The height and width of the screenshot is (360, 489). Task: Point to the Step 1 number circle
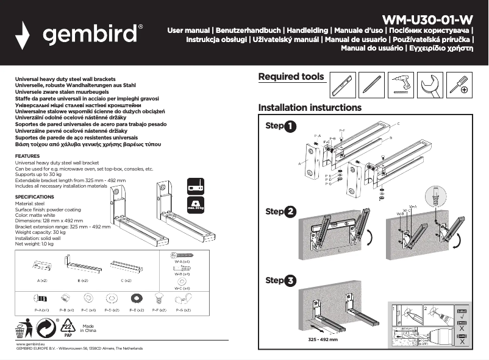tap(290, 126)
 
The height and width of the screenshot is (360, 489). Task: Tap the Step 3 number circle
tap(290, 281)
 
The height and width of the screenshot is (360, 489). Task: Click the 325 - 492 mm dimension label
tap(323, 339)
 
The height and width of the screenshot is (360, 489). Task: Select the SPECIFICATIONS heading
tap(35, 197)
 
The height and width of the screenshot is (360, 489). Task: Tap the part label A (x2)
tap(43, 280)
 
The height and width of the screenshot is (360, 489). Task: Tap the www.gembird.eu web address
tap(29, 344)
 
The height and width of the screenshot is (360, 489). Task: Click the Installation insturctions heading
tap(310, 108)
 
